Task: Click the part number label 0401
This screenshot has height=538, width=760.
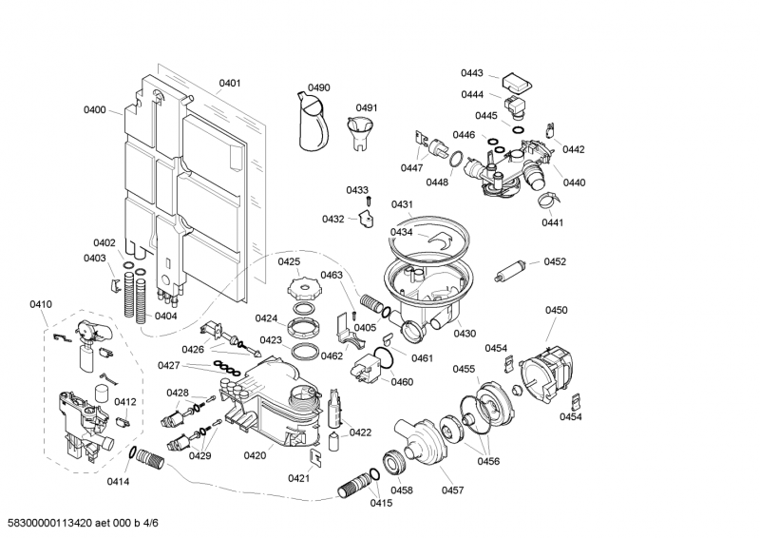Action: pyautogui.click(x=230, y=83)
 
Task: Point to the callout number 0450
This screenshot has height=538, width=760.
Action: pyautogui.click(x=556, y=310)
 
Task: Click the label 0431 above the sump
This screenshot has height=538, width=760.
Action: pyautogui.click(x=402, y=204)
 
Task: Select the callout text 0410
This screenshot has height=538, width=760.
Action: pyautogui.click(x=41, y=304)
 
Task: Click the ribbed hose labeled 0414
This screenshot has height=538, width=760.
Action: pyautogui.click(x=150, y=463)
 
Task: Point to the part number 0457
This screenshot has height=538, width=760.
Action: pyautogui.click(x=452, y=490)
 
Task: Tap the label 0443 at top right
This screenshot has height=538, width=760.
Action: pyautogui.click(x=472, y=73)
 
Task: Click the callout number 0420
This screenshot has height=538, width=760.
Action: pyautogui.click(x=255, y=455)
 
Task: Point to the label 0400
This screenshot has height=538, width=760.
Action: pyautogui.click(x=94, y=110)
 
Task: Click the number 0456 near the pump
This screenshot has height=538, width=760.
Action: pyautogui.click(x=488, y=460)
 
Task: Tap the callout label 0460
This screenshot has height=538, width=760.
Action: pyautogui.click(x=402, y=382)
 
